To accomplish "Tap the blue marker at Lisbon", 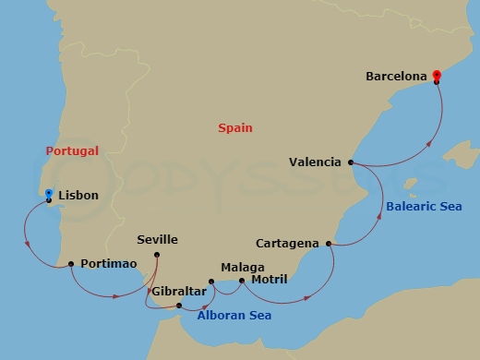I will pos(49,194).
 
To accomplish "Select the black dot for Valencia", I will pos(351,162).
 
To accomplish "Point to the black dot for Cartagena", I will pos(329,244).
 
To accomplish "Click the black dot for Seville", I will pos(157,255).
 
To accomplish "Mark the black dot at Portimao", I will pos(71,264).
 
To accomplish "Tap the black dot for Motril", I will pos(242,280).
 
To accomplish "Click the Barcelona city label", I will pos(398,67).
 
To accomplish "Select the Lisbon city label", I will pos(78,196).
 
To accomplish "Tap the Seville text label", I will pos(157,240).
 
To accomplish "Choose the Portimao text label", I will pos(109,264).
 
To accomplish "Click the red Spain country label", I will pos(235,128).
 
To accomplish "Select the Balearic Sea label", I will pos(424,207).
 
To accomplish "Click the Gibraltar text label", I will pos(178,291).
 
